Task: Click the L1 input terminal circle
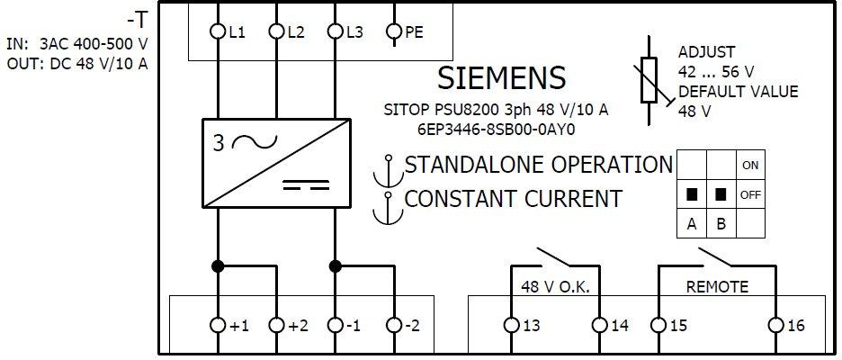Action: (218, 32)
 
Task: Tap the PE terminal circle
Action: (394, 32)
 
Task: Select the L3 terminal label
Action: (354, 32)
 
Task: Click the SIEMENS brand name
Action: (502, 78)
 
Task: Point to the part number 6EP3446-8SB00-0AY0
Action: (496, 130)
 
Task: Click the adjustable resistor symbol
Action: (649, 79)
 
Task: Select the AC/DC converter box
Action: (276, 163)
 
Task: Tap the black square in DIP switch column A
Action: (692, 194)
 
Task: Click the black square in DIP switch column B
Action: (721, 194)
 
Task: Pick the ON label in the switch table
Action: (750, 166)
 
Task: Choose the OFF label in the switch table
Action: (750, 194)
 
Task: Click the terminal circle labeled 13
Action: (511, 325)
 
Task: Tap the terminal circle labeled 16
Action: (776, 325)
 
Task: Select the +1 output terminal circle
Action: (218, 325)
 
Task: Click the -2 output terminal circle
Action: (394, 325)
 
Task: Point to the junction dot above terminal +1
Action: (218, 265)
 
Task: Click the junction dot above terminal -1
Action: (335, 265)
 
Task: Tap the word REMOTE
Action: (718, 287)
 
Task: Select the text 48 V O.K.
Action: (555, 287)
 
